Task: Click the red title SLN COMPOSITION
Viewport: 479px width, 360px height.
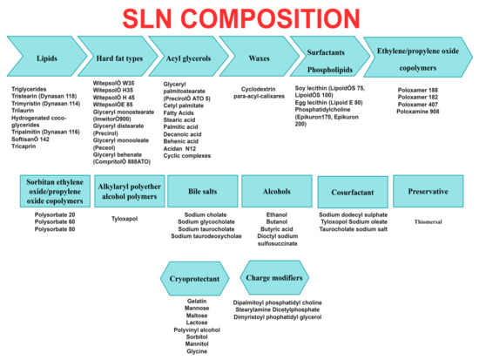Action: [239, 17]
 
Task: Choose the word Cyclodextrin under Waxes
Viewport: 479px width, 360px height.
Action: [255, 88]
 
